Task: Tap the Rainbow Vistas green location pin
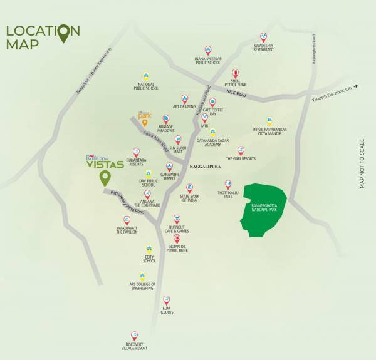tap(104, 178)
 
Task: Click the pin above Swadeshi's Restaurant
tap(264, 37)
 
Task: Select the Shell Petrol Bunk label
tap(236, 82)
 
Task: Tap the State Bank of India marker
tap(189, 187)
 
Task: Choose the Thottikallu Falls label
tap(228, 194)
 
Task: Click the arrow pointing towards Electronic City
tap(355, 86)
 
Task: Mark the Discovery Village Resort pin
tap(133, 336)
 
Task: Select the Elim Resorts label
tap(166, 311)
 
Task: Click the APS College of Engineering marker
tap(142, 276)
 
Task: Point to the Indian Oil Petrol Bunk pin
tap(178, 239)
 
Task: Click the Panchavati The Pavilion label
tap(127, 230)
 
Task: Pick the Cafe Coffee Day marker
tap(212, 101)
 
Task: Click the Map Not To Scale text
tap(362, 164)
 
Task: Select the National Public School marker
tap(146, 76)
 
